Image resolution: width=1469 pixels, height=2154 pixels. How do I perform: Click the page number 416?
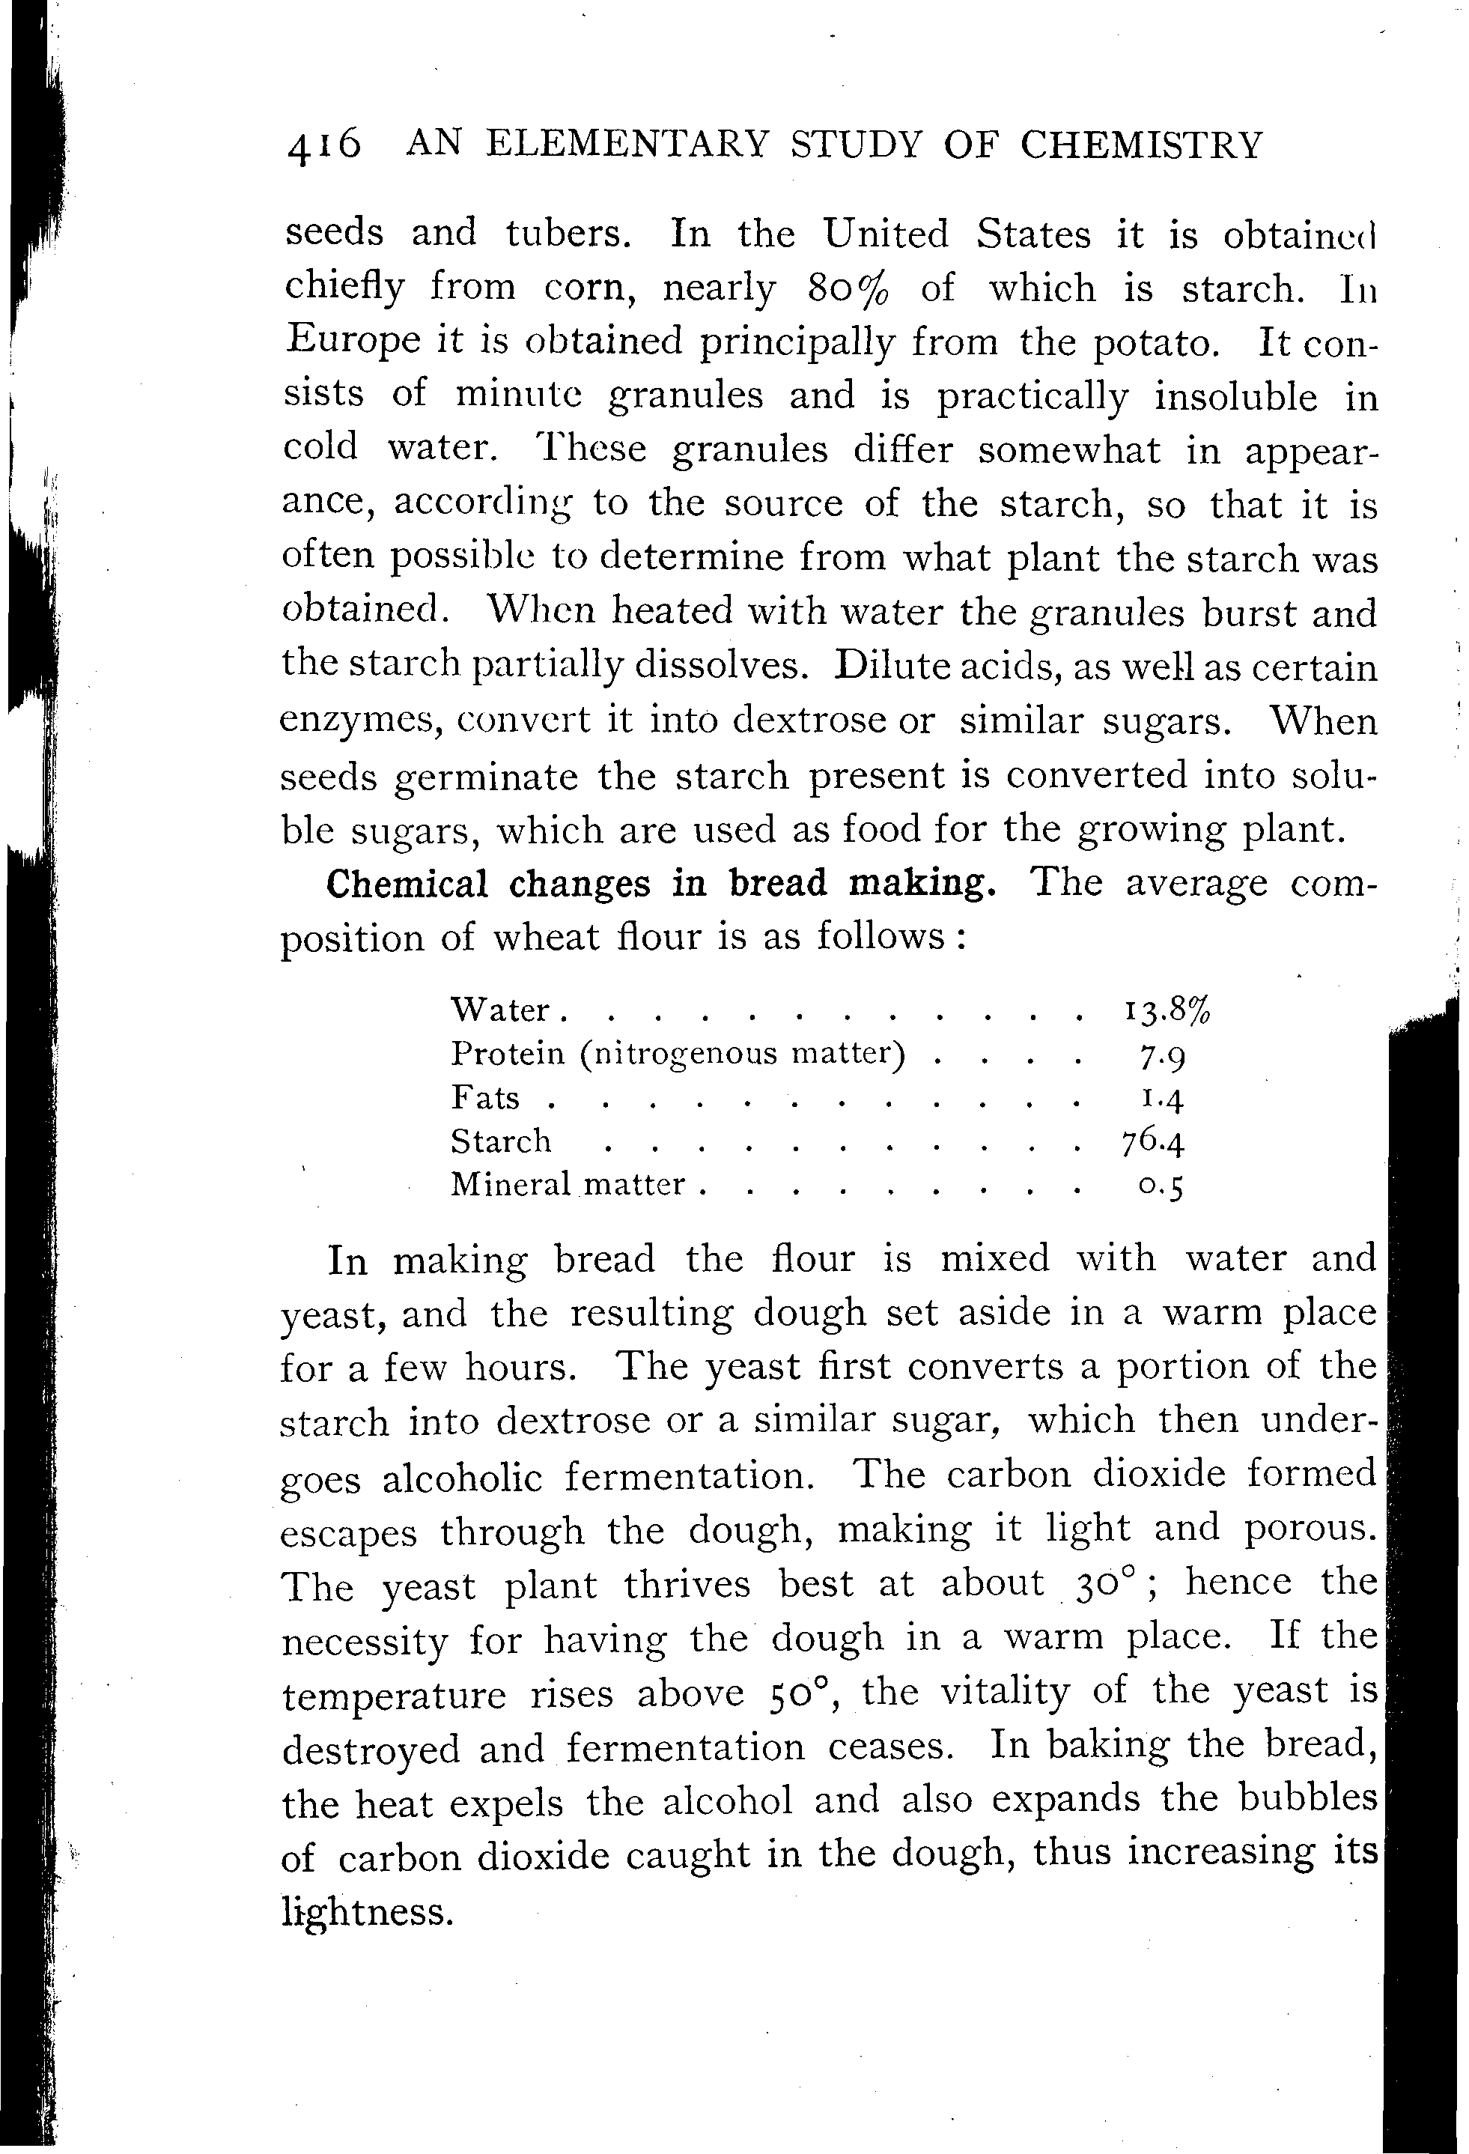click(x=323, y=147)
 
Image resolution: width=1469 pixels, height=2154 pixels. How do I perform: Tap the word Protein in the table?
click(x=508, y=1054)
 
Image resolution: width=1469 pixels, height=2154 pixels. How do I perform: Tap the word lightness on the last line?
click(x=367, y=1912)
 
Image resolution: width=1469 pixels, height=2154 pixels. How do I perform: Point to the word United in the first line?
click(x=886, y=234)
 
